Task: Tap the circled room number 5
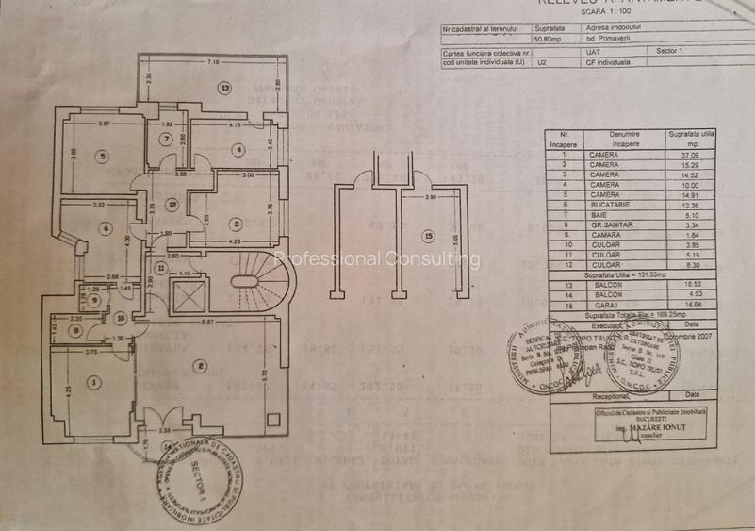click(x=102, y=157)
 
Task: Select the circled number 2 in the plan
click(x=200, y=365)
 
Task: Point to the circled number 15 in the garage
click(x=428, y=236)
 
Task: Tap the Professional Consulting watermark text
click(x=377, y=259)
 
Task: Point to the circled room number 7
click(x=165, y=140)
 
